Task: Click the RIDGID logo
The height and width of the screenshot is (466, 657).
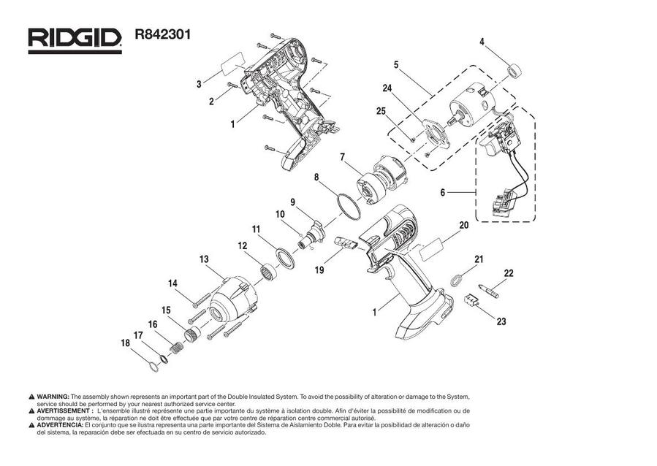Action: [75, 39]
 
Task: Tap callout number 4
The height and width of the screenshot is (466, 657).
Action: [482, 42]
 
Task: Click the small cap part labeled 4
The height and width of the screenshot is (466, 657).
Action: [517, 70]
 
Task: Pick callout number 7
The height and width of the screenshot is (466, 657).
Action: [341, 157]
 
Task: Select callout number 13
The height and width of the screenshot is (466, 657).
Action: [204, 259]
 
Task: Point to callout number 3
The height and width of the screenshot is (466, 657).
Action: [199, 85]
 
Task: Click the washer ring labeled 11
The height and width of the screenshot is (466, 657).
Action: [282, 259]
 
